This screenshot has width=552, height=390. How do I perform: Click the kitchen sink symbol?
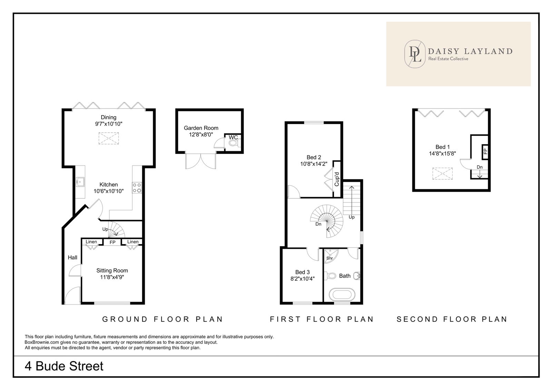pos(80,182)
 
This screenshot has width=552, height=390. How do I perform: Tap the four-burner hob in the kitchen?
pos(137,188)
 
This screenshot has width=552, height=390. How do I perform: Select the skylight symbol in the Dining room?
pos(109,138)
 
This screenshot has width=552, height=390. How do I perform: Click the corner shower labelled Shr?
pos(331,256)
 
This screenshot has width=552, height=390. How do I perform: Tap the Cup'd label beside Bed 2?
pos(337,179)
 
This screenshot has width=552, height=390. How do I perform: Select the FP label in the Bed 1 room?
pos(485,151)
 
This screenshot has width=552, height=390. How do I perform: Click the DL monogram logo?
pos(415,54)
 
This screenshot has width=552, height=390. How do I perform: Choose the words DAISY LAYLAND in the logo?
pos(470,51)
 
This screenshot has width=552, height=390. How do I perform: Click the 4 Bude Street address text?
pos(64,366)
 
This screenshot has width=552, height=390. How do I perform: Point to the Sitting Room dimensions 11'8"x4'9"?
pos(112,277)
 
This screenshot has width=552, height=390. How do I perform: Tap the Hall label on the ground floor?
pos(72,258)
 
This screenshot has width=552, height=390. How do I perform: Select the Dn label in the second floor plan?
pos(480,167)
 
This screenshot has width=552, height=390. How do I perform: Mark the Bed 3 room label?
pos(302,272)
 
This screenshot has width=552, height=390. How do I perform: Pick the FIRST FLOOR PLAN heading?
pos(322,319)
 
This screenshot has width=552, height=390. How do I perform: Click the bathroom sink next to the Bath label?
pos(357,276)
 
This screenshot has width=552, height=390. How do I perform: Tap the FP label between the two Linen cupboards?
pos(112,242)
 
